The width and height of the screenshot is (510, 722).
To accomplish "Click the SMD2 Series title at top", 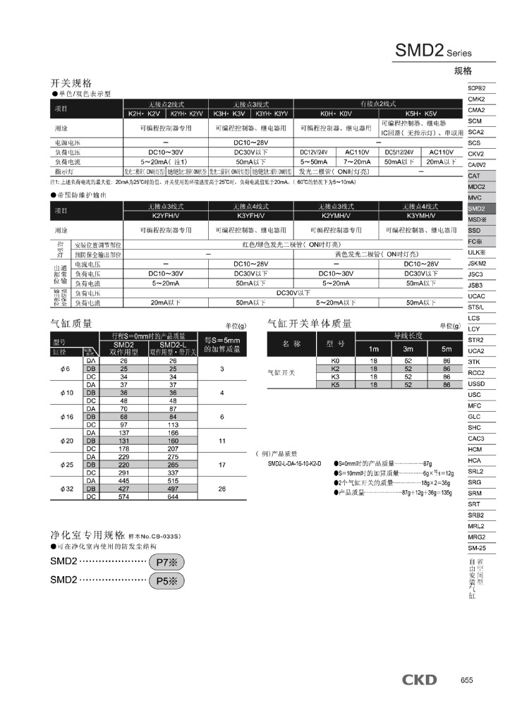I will [x=432, y=51].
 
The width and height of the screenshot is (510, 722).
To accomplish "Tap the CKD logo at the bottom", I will [x=420, y=680].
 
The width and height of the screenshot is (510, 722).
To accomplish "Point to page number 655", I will [x=466, y=680].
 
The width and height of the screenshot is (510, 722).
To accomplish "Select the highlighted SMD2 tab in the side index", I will [x=477, y=209].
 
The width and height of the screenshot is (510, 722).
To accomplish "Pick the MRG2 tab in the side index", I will [x=477, y=537].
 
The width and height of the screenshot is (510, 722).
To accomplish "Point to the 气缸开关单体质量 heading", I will [x=309, y=324].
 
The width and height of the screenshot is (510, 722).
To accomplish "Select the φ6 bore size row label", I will [x=66, y=369].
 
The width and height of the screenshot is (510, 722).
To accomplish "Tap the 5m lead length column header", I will [x=447, y=349].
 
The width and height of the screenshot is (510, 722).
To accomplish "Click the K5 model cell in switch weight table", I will [x=335, y=385].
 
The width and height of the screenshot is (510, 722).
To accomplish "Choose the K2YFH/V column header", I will [x=166, y=215].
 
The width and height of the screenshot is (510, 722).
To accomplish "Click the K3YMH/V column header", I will [x=421, y=215].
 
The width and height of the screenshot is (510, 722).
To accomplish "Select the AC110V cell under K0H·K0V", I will [x=358, y=152].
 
